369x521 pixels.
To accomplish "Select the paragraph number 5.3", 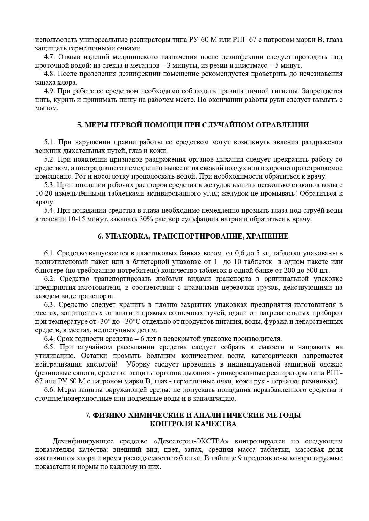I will point(49,185).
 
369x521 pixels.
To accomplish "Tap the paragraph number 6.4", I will point(49,339).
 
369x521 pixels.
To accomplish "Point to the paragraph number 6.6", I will point(49,390).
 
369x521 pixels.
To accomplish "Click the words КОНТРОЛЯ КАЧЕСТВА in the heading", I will point(193,424).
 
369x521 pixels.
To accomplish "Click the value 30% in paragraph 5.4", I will point(163,219).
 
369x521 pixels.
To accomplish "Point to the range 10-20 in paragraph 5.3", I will point(43,194).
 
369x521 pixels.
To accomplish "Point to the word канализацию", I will point(215,398).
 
